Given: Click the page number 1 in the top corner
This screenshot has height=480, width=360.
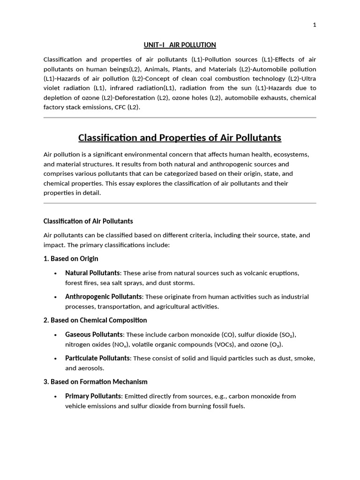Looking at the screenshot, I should tap(315, 25).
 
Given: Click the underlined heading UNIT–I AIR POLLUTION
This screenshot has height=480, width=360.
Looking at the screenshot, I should tap(180, 45).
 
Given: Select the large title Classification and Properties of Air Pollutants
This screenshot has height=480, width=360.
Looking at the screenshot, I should tap(180, 138).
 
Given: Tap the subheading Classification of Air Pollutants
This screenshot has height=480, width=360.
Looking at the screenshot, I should tap(88, 221).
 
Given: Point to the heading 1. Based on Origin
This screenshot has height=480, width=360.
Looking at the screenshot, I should tap(71, 259).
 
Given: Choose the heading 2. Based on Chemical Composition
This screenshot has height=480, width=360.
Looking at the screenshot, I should tap(95, 320).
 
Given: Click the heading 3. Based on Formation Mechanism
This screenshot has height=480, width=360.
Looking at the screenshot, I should tap(96, 382).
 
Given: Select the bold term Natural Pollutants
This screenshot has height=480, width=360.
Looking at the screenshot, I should tap(92, 273).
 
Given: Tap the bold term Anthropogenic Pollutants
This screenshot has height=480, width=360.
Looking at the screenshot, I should tap(103, 297).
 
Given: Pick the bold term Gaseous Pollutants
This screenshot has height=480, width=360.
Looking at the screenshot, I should tap(94, 334).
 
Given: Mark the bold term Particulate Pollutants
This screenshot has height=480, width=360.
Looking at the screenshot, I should tap(97, 358).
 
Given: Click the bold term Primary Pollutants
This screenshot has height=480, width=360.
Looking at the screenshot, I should tap(92, 396).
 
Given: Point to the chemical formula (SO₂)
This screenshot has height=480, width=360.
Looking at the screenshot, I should tap(287, 335).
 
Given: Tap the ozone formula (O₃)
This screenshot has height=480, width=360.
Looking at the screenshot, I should tap(275, 345).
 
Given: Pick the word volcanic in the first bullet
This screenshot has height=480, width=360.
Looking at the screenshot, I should tap(255, 273).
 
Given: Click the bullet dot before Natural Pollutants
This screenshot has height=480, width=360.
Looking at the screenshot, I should tap(56, 273).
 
